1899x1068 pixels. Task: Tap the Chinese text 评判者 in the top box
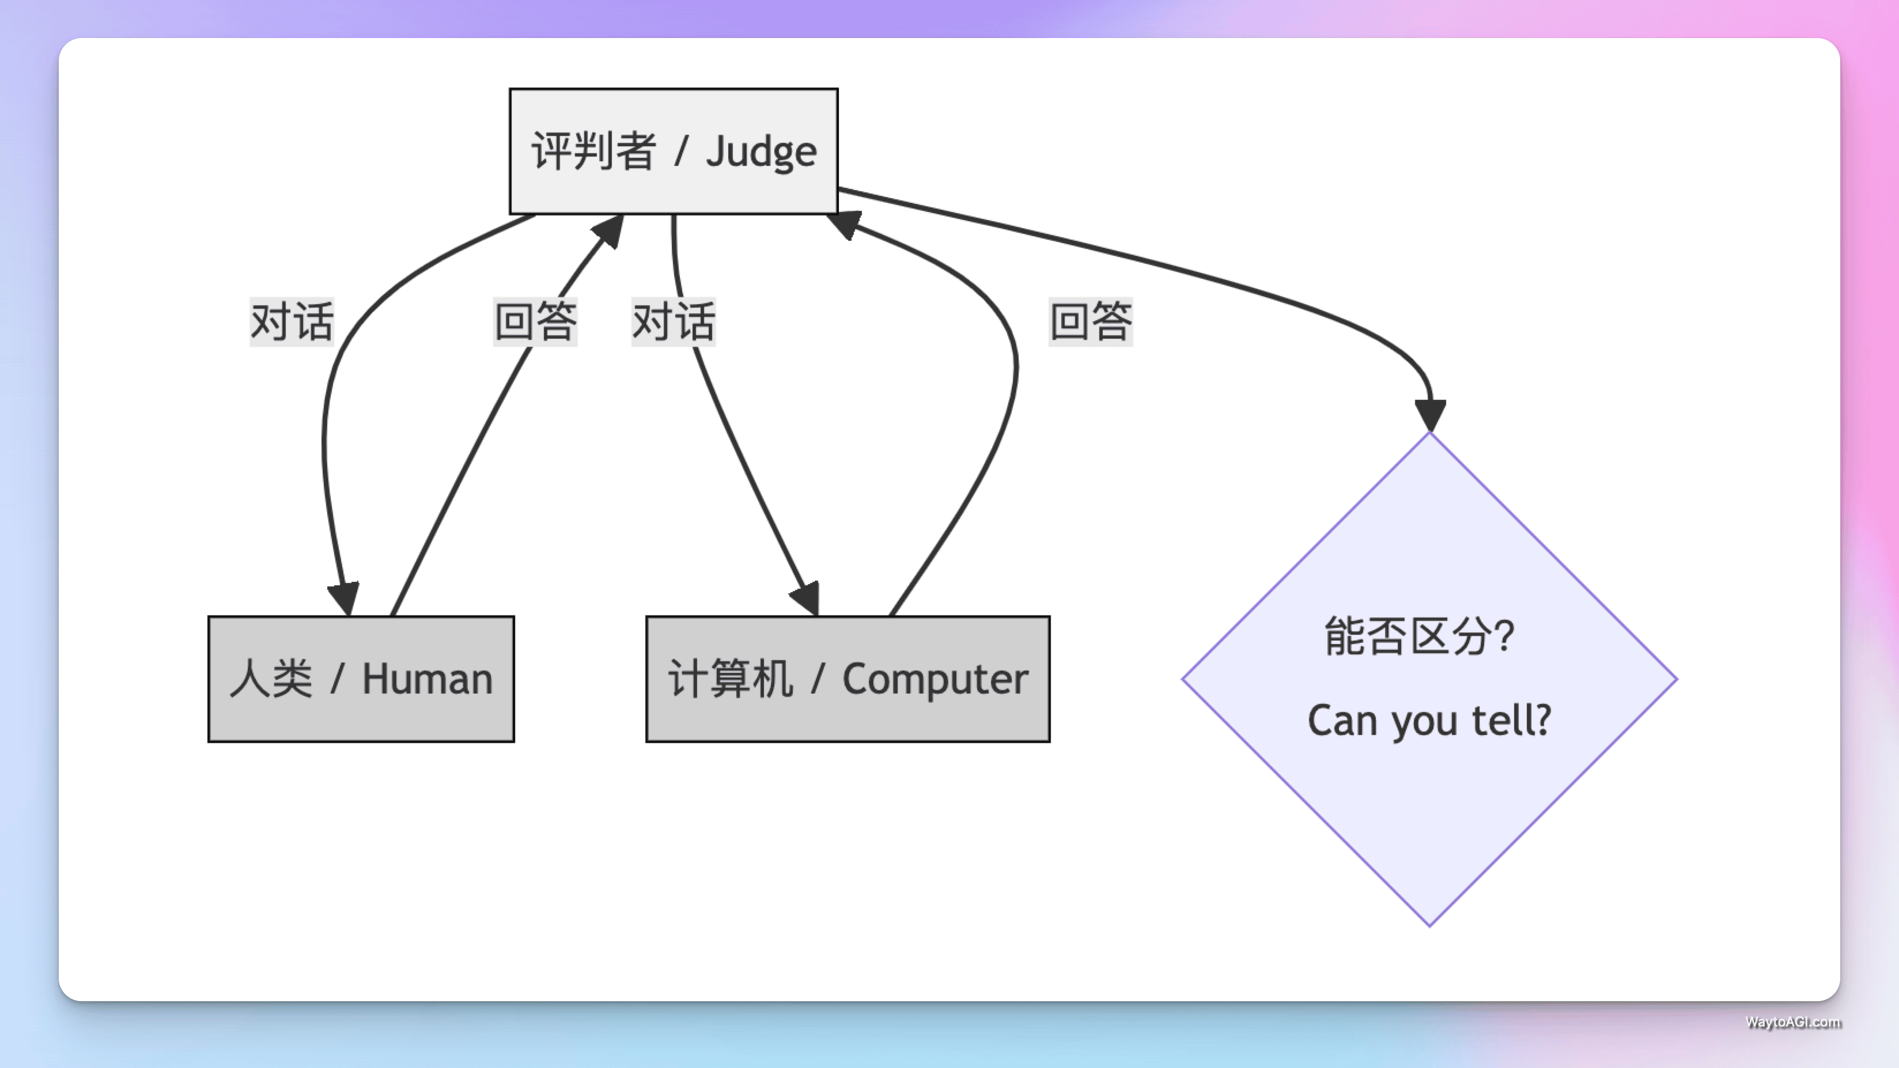(593, 152)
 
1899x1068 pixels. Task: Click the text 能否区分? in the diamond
(1419, 636)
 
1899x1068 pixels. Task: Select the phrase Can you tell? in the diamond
(1429, 720)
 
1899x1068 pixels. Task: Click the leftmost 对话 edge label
(292, 321)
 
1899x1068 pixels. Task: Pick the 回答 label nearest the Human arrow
(535, 321)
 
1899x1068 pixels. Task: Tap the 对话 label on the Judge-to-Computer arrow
(674, 321)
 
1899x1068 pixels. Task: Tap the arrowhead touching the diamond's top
(1430, 414)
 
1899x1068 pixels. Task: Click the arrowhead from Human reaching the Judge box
(608, 230)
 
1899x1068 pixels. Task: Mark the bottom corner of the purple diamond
(1429, 924)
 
